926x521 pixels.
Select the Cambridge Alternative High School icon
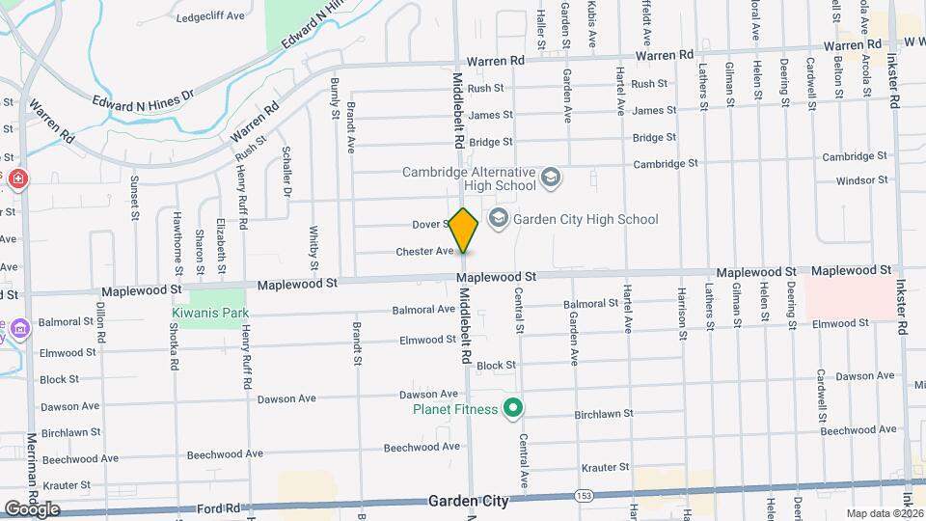pos(550,178)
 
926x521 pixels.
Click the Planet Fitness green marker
pos(514,409)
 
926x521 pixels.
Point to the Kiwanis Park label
pos(210,313)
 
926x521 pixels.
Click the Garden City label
pos(468,503)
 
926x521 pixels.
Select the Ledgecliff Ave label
pos(208,15)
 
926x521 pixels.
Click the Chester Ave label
pos(424,252)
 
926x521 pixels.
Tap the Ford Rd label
pos(219,507)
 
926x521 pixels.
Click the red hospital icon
pos(18,178)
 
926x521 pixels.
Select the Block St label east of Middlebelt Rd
pos(496,366)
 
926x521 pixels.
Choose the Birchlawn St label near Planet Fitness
pos(603,414)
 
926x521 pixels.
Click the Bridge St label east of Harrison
pos(654,138)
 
